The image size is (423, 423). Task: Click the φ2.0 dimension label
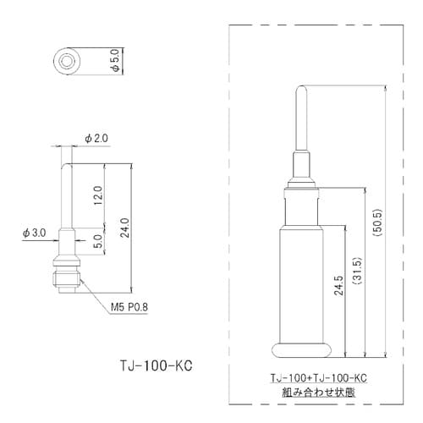click(x=96, y=138)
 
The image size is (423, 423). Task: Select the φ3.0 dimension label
click(x=35, y=231)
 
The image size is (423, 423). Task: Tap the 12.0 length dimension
click(x=98, y=196)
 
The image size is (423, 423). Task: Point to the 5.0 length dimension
click(x=98, y=241)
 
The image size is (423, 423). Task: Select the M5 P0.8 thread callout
click(x=128, y=308)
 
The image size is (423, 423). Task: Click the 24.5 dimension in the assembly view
click(x=340, y=288)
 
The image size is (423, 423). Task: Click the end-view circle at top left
click(x=67, y=62)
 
